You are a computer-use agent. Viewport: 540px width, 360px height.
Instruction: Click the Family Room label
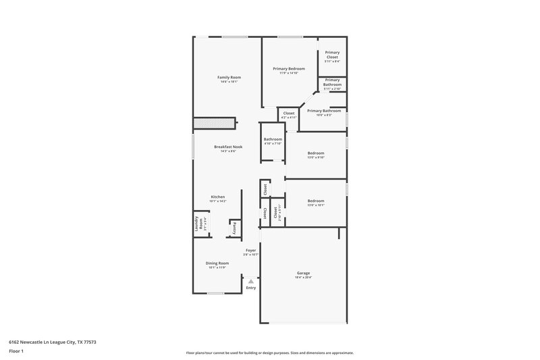click(x=229, y=78)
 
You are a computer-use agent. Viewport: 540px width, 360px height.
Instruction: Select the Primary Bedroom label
click(x=288, y=69)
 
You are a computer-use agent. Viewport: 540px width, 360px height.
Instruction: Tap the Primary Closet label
click(x=332, y=55)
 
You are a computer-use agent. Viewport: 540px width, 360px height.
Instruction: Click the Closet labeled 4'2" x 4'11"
click(x=288, y=113)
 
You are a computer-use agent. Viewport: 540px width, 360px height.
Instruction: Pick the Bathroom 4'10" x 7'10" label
click(x=273, y=140)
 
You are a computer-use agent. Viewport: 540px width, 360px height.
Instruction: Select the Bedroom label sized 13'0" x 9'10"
click(x=316, y=153)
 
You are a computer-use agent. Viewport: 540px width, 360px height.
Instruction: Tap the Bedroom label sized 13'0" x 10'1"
click(x=316, y=201)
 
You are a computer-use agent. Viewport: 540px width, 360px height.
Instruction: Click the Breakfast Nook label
click(x=228, y=147)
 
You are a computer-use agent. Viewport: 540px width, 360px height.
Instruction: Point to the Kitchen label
click(x=217, y=197)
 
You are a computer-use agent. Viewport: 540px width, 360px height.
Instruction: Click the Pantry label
click(x=234, y=228)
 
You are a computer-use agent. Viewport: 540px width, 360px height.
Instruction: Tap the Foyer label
click(x=250, y=251)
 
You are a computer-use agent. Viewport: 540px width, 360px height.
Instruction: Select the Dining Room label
click(x=217, y=263)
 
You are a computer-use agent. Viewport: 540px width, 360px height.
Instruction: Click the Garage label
click(x=303, y=274)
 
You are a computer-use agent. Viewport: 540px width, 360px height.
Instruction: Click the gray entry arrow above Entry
click(x=250, y=280)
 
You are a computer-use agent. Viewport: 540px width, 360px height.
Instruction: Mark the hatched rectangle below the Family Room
click(x=214, y=123)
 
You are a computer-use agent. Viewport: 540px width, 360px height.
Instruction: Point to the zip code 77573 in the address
click(x=88, y=342)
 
